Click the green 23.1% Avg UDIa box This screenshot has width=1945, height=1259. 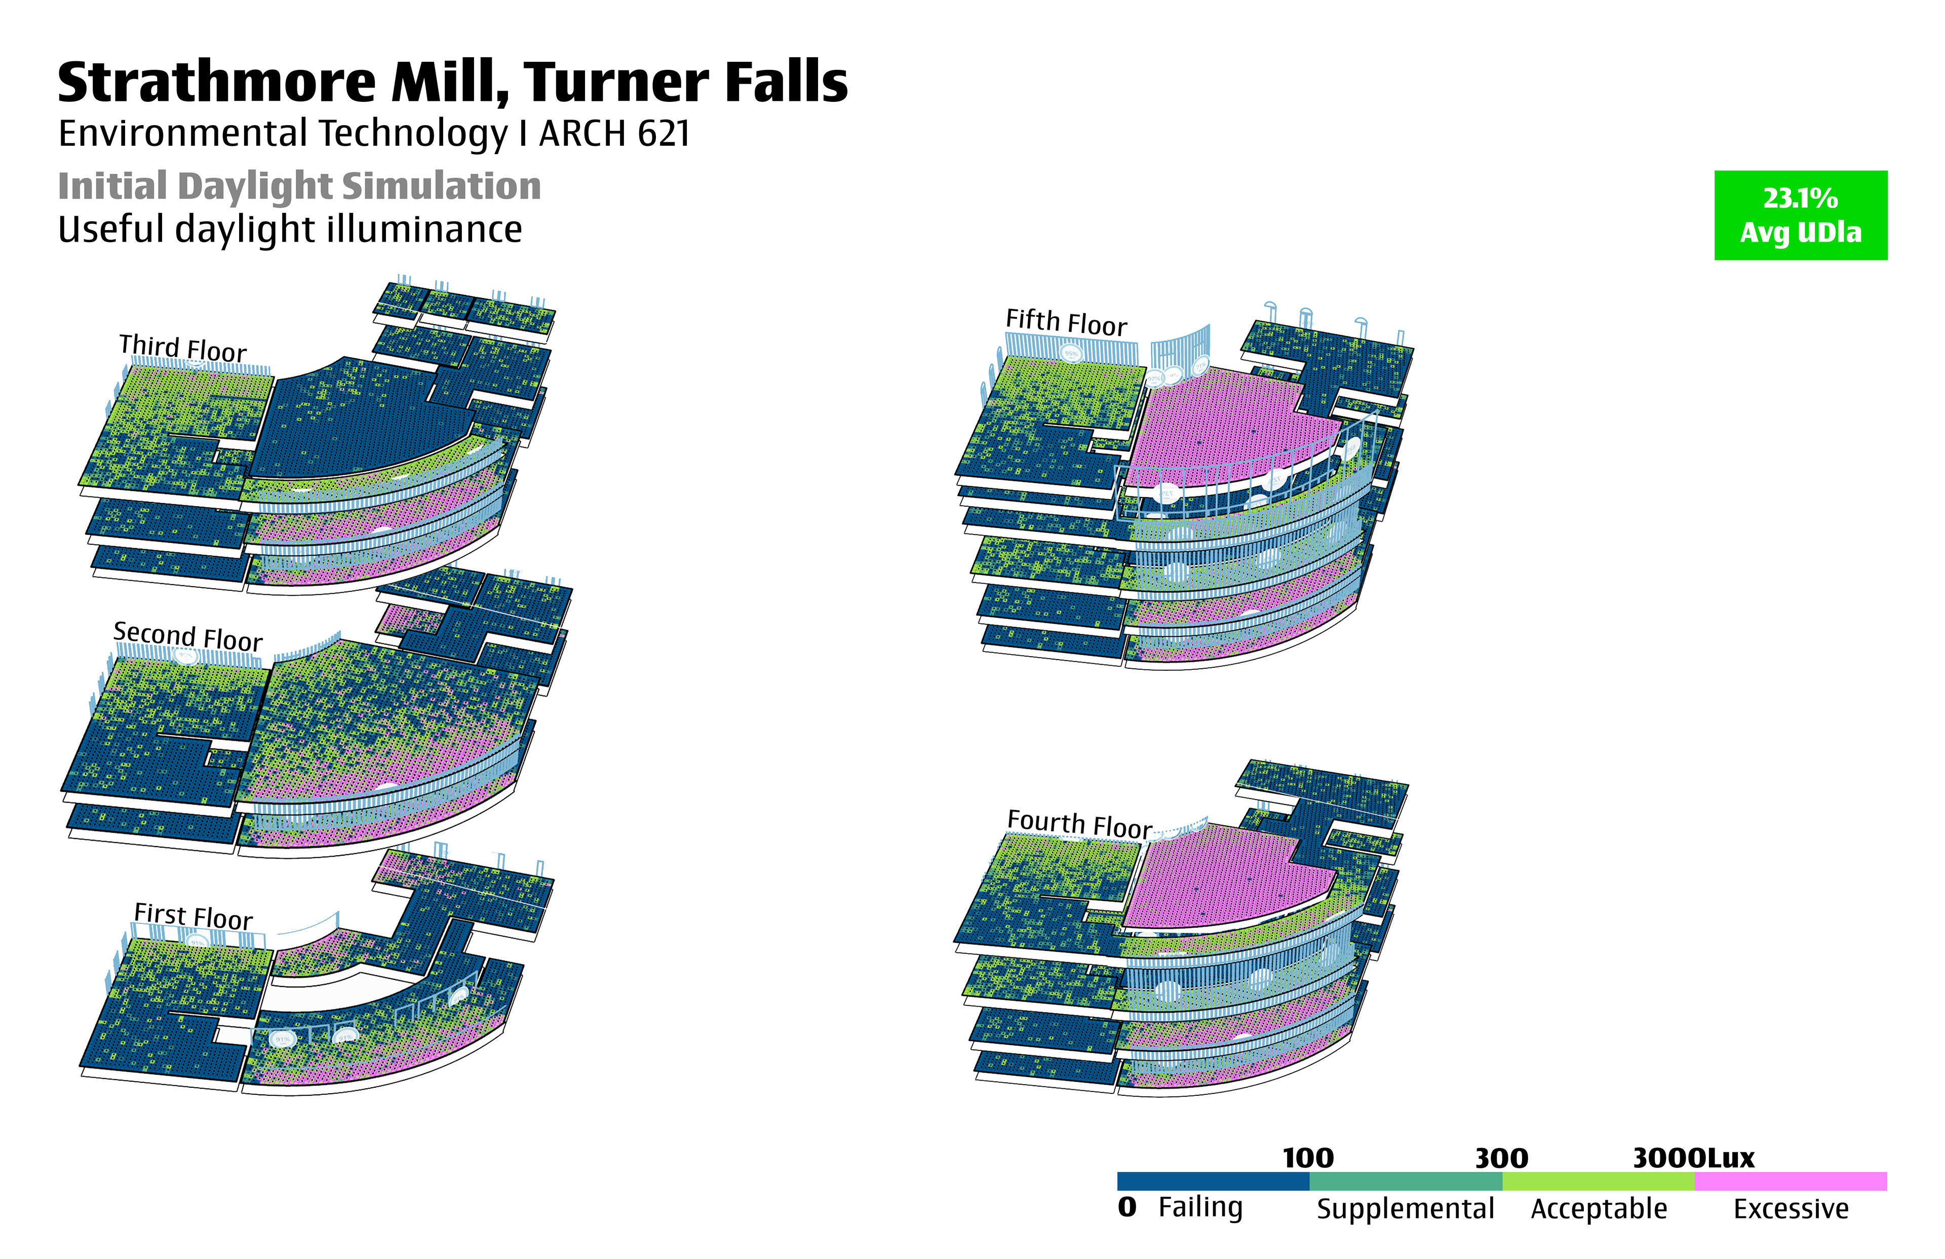(1800, 215)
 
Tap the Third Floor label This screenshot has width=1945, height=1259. (182, 348)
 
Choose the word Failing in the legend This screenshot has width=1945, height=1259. (1200, 1207)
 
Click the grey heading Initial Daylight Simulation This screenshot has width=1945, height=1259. (299, 186)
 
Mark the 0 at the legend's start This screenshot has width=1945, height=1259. (1127, 1207)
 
